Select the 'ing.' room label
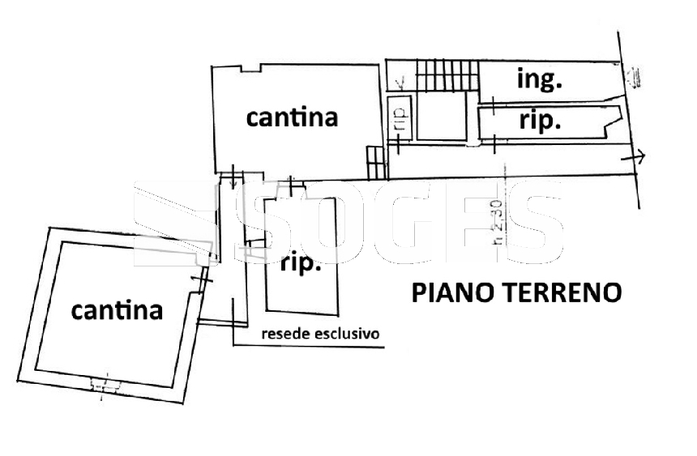tap(540, 79)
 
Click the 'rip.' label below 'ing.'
tap(540, 121)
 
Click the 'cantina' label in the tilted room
tap(117, 309)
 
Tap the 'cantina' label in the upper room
tap(292, 117)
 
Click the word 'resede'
tap(284, 333)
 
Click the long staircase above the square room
tap(446, 77)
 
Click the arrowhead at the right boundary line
tap(639, 157)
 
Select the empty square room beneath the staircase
tap(441, 117)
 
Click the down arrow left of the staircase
tap(400, 82)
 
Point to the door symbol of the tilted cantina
tap(200, 280)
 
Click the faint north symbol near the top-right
tap(635, 78)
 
